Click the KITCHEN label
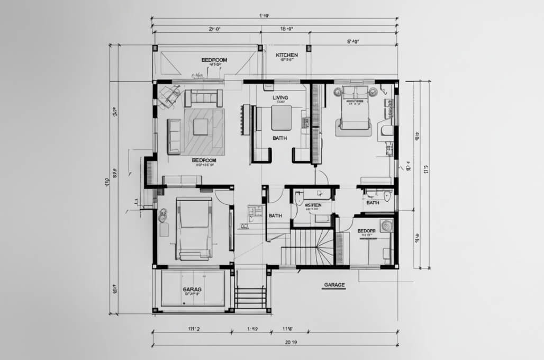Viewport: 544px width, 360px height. (287, 55)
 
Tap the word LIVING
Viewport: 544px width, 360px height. (280, 98)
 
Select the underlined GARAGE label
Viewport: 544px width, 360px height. (333, 285)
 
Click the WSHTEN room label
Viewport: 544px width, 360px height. (313, 205)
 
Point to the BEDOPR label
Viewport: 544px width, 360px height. (366, 231)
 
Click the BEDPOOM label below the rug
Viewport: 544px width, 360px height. (204, 160)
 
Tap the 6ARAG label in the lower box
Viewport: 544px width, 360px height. (192, 290)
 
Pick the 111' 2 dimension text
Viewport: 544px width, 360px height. (194, 329)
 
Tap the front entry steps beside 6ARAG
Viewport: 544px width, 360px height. (250, 296)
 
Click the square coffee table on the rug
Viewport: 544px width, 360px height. (201, 127)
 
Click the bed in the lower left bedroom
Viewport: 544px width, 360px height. (194, 228)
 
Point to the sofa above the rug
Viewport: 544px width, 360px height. (203, 98)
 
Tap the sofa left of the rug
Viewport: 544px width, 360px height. (174, 136)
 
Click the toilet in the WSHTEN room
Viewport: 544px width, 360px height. (300, 199)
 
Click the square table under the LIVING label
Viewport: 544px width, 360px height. (282, 118)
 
